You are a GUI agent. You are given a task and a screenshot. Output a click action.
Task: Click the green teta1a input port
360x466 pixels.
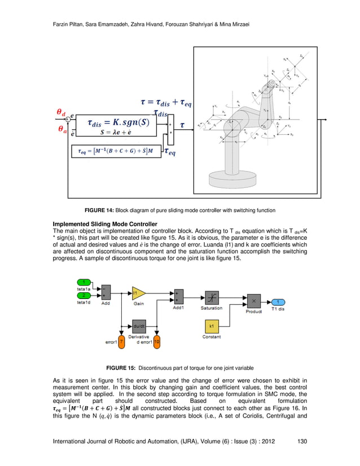pos(84,282)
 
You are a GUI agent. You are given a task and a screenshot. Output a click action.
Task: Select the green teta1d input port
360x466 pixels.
pos(84,295)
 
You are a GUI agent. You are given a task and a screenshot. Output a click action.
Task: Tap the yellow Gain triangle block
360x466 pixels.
pos(138,293)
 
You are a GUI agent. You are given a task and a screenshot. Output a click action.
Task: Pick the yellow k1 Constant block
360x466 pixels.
pos(211,327)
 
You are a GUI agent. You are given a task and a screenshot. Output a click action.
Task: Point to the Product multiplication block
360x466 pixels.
pos(254,301)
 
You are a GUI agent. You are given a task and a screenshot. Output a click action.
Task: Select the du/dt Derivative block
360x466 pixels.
pos(138,326)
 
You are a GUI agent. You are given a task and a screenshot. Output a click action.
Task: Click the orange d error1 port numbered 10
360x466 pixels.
pos(157,341)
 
